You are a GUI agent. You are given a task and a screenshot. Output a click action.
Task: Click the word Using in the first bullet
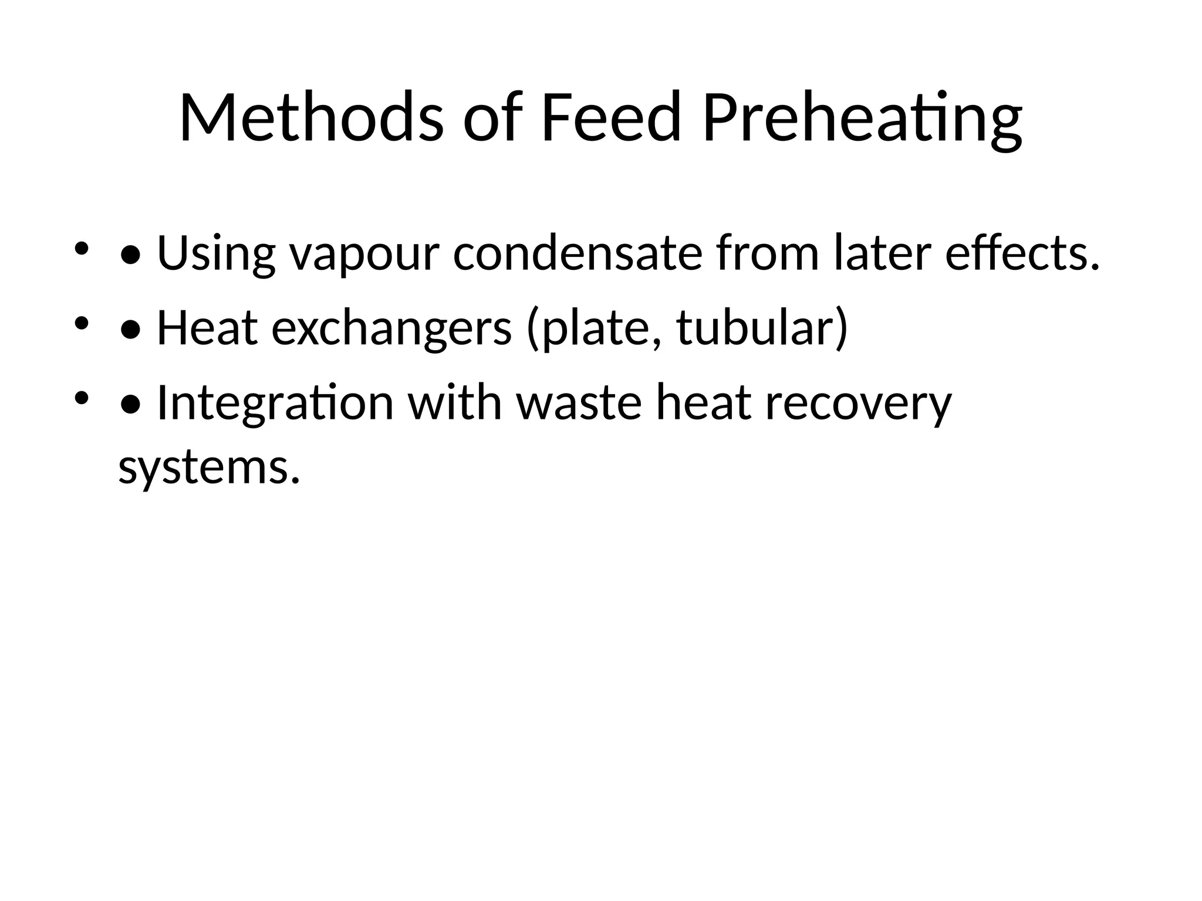(216, 254)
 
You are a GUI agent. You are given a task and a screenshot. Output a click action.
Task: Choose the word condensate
(578, 253)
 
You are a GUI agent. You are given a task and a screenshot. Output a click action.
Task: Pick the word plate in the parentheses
(596, 329)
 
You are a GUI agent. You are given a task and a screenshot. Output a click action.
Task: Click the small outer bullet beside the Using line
(81, 249)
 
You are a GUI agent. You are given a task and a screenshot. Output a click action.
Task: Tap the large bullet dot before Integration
(130, 404)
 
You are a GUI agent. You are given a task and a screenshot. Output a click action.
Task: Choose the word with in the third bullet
(455, 403)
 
